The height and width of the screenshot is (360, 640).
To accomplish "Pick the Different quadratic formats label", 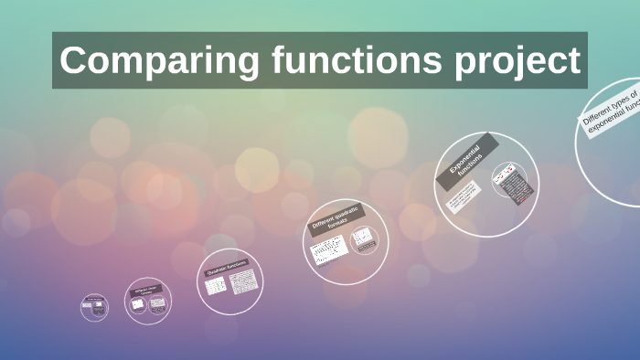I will tap(337, 220).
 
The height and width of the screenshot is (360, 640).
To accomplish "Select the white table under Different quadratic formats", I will tap(327, 249).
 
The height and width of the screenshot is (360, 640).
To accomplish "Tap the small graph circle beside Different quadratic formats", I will tap(364, 240).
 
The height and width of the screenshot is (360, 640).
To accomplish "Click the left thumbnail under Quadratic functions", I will tap(216, 286).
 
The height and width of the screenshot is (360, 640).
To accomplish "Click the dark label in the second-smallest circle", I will tap(147, 292).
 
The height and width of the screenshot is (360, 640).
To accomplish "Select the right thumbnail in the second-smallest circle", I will tap(157, 304).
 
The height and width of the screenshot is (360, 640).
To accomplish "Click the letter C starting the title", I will tap(73, 60).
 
